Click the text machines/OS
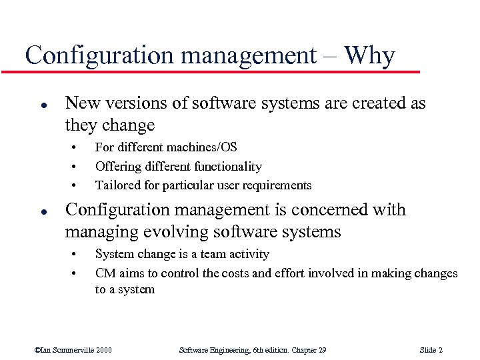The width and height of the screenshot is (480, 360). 205,147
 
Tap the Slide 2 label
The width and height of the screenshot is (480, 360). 431,350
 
